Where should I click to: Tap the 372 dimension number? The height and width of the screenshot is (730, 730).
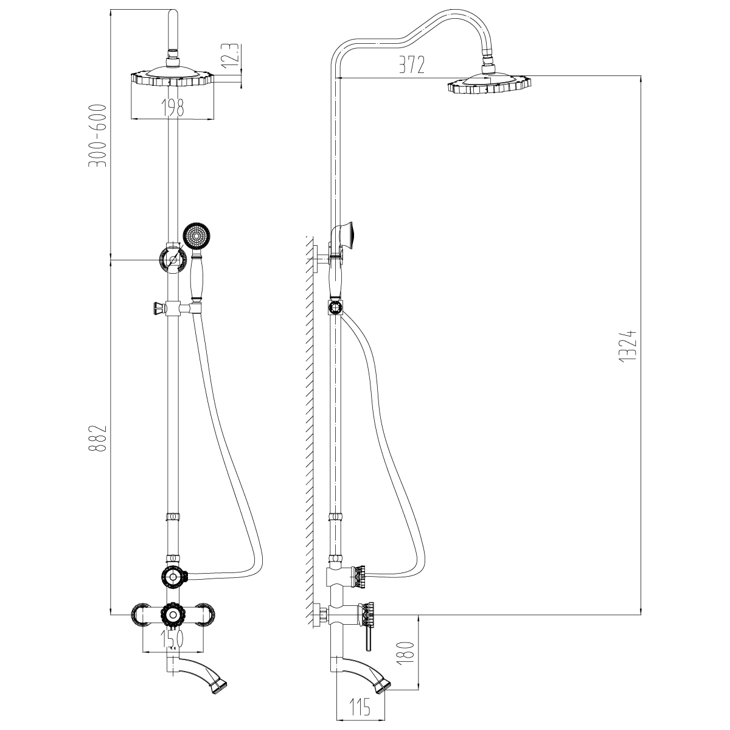pyautogui.click(x=412, y=64)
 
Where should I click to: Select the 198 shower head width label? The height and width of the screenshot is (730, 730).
pyautogui.click(x=172, y=107)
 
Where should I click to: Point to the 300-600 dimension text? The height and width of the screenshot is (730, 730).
pyautogui.click(x=98, y=135)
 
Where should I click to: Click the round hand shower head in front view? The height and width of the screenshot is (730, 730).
pyautogui.click(x=196, y=237)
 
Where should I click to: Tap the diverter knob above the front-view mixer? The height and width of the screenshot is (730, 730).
pyautogui.click(x=174, y=577)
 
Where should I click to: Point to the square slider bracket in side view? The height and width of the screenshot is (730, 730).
pyautogui.click(x=335, y=307)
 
